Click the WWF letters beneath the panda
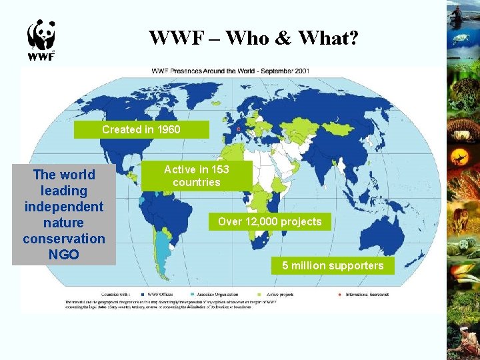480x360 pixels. point(41,57)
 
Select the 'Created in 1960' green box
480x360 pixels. point(141,129)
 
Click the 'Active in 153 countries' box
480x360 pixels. point(196,176)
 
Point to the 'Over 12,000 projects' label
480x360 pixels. point(269,221)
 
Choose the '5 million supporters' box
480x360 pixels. point(332,266)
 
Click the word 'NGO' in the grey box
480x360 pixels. point(63,254)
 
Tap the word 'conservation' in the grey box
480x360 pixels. point(63,238)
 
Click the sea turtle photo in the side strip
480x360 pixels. point(462,39)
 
